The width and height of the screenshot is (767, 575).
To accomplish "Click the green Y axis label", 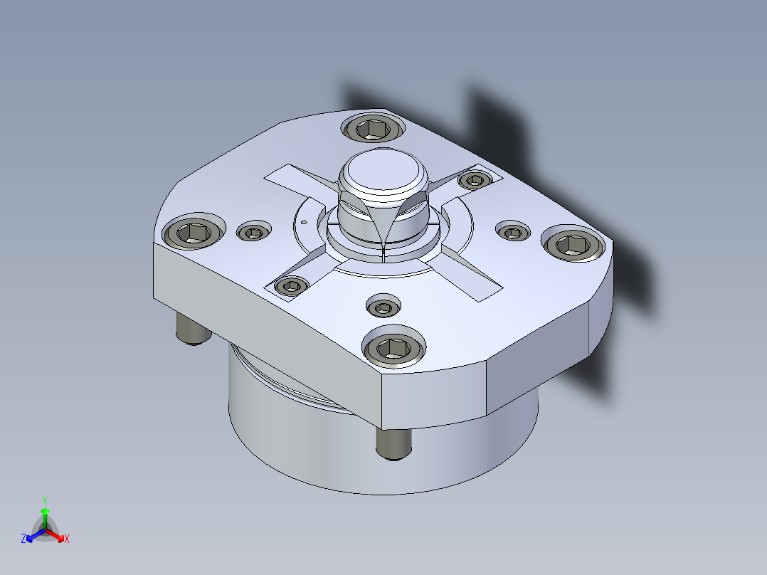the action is (45, 500).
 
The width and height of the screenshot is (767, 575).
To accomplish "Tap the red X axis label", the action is (67, 539).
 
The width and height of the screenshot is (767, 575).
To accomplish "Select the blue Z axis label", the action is (23, 539).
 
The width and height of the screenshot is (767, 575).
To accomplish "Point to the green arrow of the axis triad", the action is (45, 518).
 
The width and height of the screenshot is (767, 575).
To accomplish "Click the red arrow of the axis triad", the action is (55, 535).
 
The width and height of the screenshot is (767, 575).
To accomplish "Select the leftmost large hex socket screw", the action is (194, 233).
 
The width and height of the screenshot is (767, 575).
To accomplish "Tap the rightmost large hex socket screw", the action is (573, 243).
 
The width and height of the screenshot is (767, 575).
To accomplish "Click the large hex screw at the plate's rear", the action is (373, 129).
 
